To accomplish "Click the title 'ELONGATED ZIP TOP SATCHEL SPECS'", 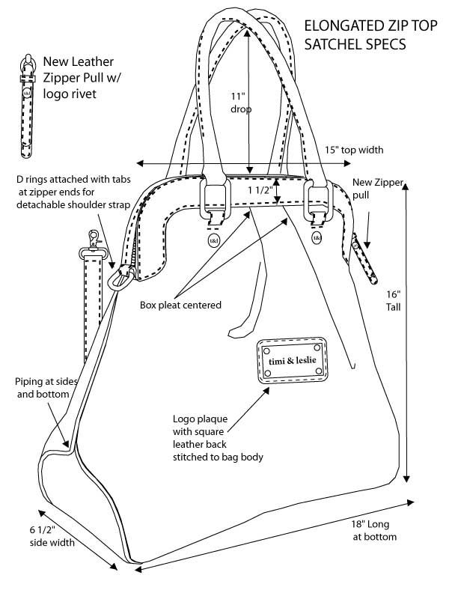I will pos(355,35).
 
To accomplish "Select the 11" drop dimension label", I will pos(239,103).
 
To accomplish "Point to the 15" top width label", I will pos(354,150).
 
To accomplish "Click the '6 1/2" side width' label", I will pos(52,536).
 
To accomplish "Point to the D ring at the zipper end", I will pos(118,279).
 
